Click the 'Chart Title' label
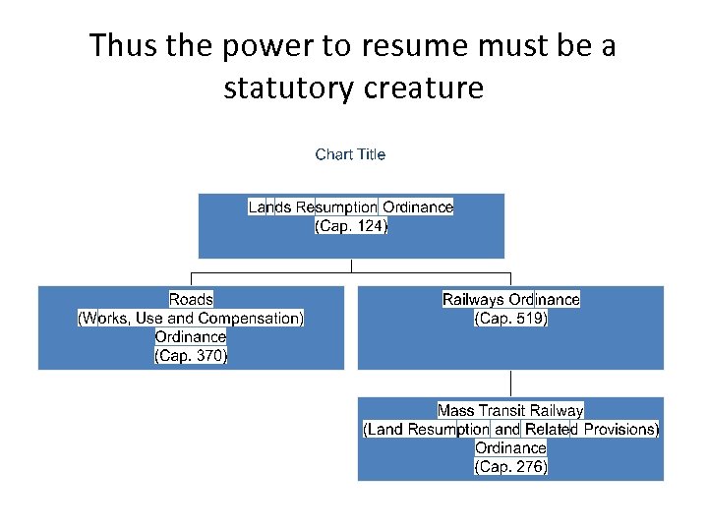(x=350, y=154)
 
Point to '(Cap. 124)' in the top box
(x=351, y=226)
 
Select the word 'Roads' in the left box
(x=191, y=299)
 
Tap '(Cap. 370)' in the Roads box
(x=191, y=356)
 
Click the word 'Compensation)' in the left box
(x=251, y=319)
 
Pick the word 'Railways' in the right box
(x=473, y=299)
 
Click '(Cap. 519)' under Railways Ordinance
(x=510, y=319)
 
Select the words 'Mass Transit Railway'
(x=510, y=410)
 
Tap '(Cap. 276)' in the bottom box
(x=510, y=467)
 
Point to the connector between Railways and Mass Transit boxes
(x=510, y=383)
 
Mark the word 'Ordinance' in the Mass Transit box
(x=510, y=448)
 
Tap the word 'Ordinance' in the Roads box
(x=191, y=337)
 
